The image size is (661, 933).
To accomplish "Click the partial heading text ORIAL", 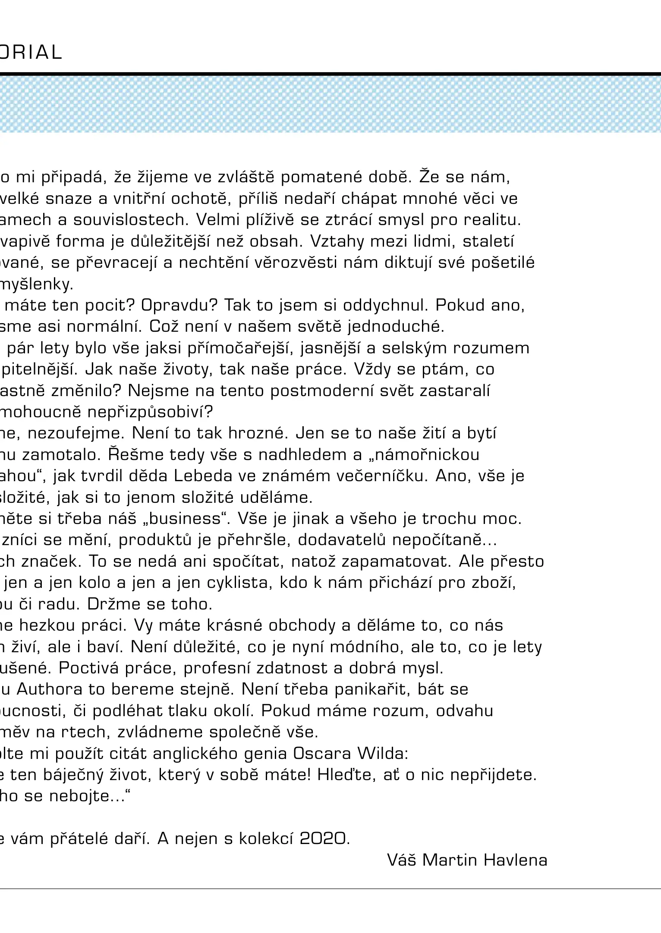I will coord(31,53).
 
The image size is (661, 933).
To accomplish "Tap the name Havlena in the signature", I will coord(515,860).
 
